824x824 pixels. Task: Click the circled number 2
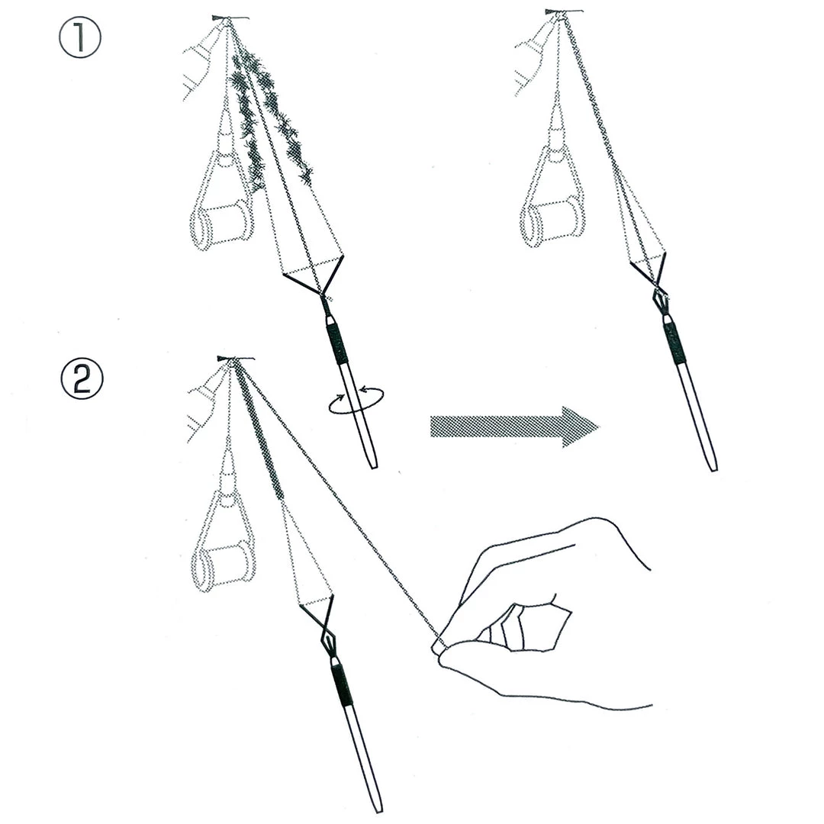click(81, 378)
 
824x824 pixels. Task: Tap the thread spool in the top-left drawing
click(222, 224)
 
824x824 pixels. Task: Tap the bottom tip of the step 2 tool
click(377, 807)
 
